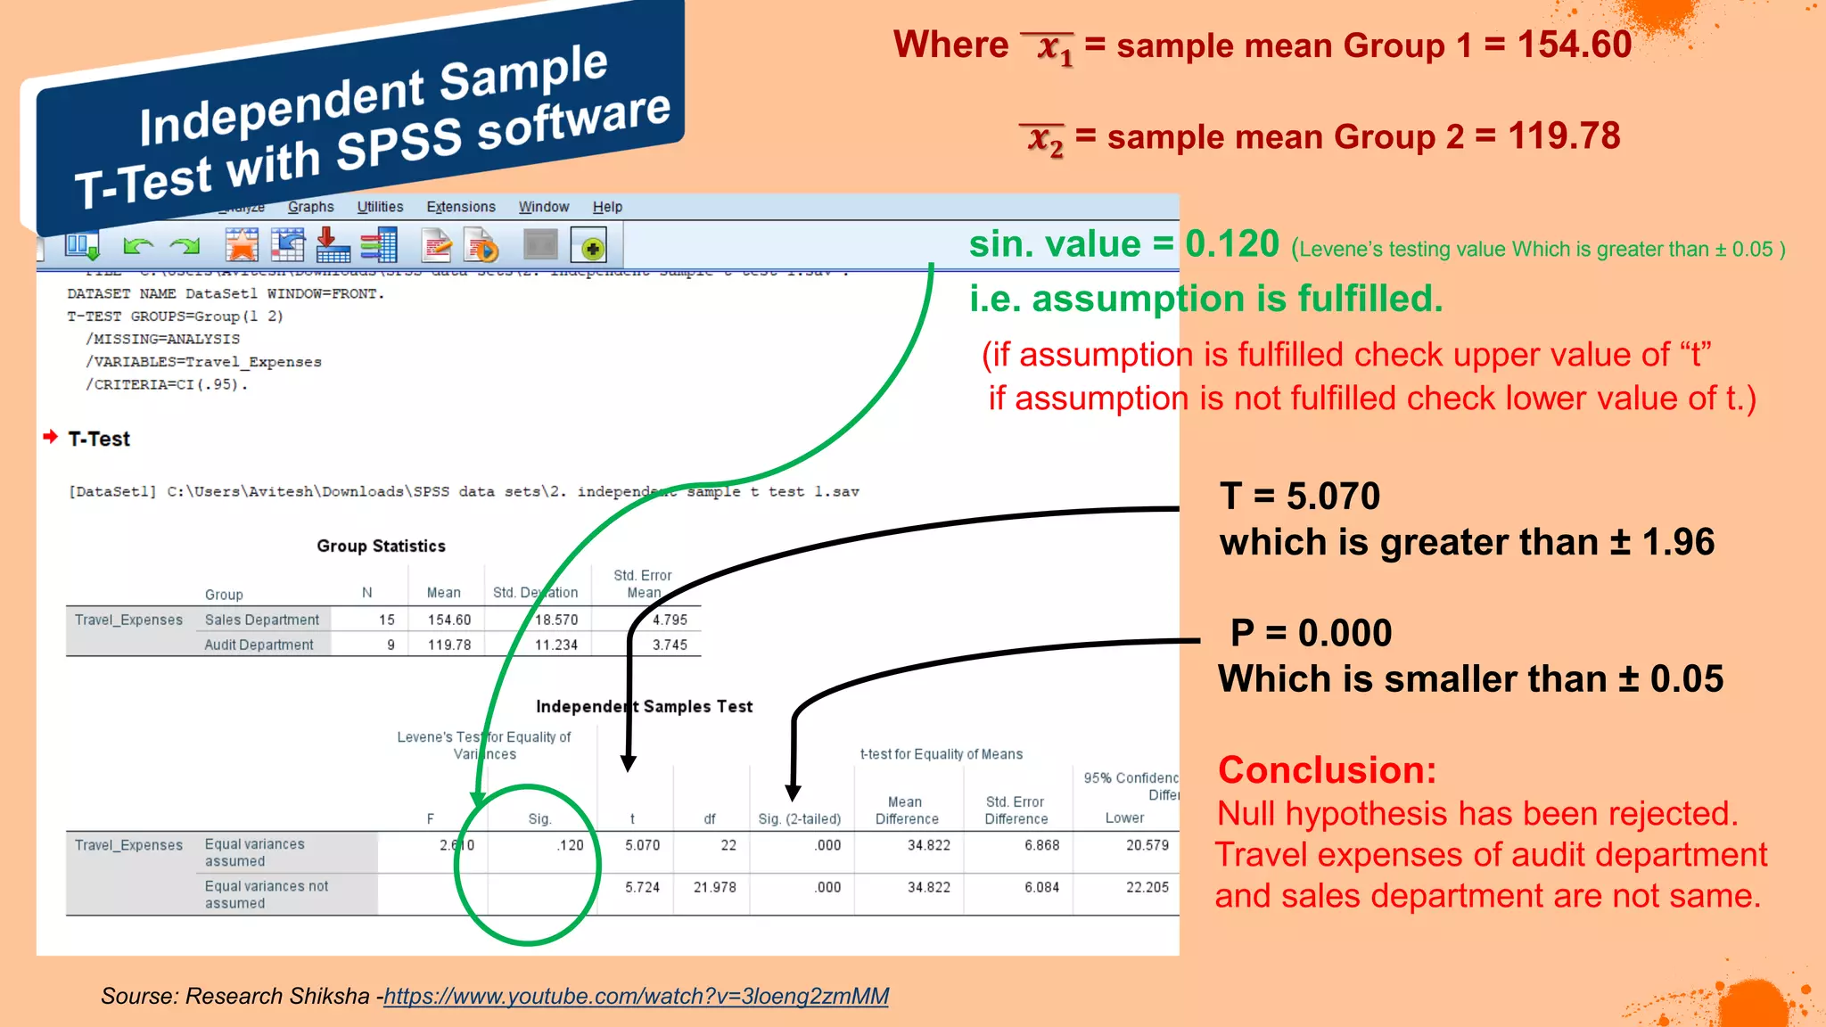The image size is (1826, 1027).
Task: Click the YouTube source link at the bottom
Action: (x=636, y=996)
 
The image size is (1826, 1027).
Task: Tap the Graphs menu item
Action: (x=310, y=207)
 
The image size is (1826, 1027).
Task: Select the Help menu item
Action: (x=607, y=207)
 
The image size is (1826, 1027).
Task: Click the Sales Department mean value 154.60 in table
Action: (x=448, y=620)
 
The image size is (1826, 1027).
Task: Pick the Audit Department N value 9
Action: (x=391, y=645)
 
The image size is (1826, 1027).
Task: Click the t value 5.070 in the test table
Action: (x=642, y=845)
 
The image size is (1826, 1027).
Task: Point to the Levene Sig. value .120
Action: (x=571, y=845)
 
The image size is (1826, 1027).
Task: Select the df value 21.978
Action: (x=715, y=887)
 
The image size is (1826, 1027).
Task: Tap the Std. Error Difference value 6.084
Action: (x=1041, y=887)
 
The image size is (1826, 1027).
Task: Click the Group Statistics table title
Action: (x=381, y=546)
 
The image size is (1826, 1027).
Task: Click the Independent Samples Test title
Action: (x=644, y=706)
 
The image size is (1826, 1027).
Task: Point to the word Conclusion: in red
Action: (x=1327, y=770)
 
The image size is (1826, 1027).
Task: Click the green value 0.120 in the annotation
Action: (x=1232, y=243)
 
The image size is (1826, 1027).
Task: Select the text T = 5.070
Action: (x=1300, y=496)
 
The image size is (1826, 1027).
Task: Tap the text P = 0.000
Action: (x=1311, y=633)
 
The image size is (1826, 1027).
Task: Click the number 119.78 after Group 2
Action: (x=1564, y=136)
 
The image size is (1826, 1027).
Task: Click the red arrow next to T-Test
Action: (x=51, y=437)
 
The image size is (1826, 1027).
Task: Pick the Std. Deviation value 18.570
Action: (x=556, y=620)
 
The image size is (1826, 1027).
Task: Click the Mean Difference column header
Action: (x=906, y=810)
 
